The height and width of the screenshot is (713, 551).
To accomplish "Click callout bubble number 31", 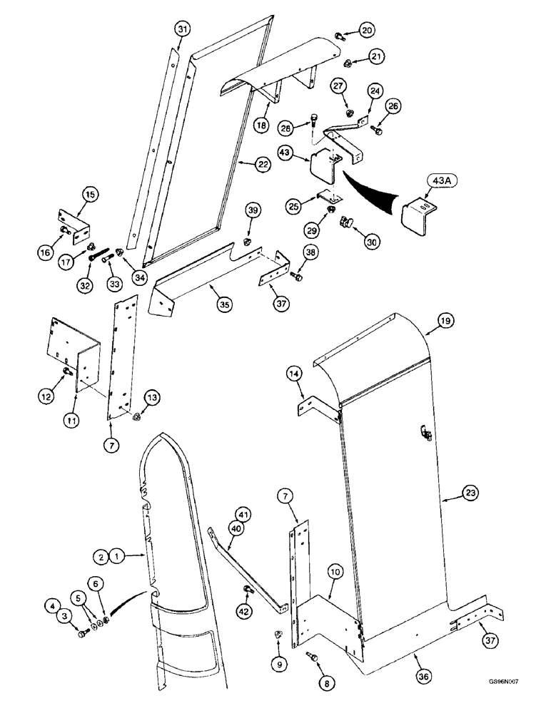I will click(183, 29).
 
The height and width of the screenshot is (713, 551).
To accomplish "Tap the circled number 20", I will click(366, 30).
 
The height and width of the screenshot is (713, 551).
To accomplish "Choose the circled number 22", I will click(264, 164).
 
